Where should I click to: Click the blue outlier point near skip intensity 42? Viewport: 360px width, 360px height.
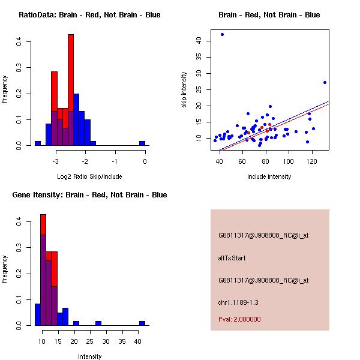click(x=222, y=35)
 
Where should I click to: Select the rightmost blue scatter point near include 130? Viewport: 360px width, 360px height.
click(x=325, y=82)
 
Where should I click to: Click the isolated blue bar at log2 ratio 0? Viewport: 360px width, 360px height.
click(x=142, y=143)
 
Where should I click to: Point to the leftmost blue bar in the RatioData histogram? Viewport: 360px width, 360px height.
click(x=38, y=143)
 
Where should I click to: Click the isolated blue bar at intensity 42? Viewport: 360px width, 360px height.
click(x=142, y=323)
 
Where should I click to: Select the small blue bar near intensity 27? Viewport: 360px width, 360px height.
click(x=98, y=323)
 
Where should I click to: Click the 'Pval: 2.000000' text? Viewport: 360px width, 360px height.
click(x=239, y=319)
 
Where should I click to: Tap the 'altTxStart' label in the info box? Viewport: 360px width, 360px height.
click(x=232, y=258)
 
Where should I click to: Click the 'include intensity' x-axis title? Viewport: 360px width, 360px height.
click(x=269, y=176)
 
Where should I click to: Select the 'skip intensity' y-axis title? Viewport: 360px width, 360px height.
click(x=184, y=90)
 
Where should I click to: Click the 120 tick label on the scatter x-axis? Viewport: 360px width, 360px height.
click(x=311, y=161)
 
